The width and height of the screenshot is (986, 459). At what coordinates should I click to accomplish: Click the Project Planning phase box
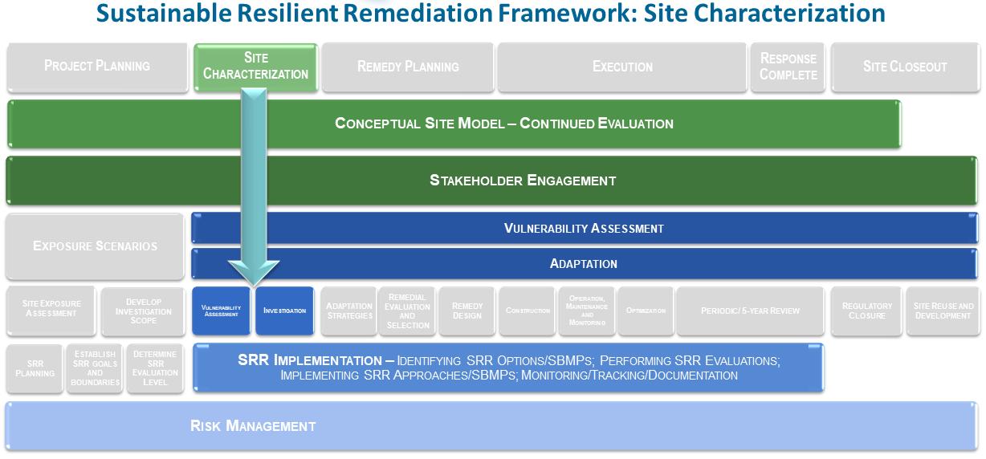[97, 66]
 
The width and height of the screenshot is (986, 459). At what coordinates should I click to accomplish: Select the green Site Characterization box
[255, 66]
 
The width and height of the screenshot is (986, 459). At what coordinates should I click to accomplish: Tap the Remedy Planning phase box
[408, 67]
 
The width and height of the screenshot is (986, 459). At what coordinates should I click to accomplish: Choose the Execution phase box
[622, 67]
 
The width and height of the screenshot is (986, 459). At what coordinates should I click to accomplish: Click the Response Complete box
[788, 67]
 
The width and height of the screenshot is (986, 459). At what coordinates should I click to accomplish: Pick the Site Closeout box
[905, 67]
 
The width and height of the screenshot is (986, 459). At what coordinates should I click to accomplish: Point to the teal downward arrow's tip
[254, 284]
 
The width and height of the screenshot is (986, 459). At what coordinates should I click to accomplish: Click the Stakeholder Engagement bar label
[523, 181]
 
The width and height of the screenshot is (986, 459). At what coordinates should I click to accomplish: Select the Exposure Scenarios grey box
[95, 246]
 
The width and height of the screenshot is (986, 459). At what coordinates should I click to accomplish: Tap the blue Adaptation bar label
[584, 264]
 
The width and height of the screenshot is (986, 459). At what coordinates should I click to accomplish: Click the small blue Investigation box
[284, 311]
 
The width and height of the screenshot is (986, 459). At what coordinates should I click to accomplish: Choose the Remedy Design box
[467, 311]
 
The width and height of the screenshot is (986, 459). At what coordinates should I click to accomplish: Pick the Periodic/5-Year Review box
[750, 311]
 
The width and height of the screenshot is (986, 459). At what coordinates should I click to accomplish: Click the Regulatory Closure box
[866, 311]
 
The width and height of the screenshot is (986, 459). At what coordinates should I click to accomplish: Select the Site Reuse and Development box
[943, 311]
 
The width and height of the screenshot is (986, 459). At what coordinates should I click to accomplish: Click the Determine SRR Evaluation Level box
[155, 368]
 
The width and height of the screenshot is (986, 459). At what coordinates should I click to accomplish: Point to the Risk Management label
[253, 426]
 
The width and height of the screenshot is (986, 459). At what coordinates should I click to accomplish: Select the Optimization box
[646, 311]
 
